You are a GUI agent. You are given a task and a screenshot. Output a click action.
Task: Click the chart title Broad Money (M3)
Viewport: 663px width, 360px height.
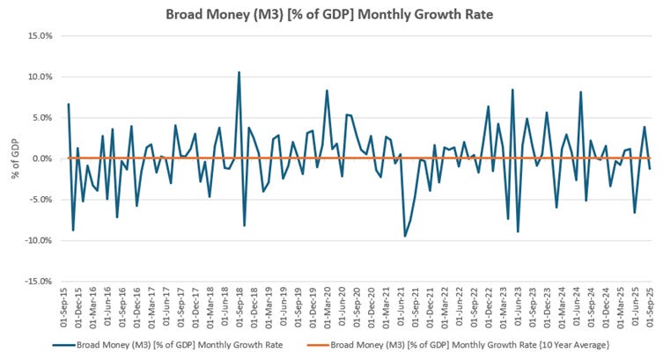pyautogui.click(x=331, y=14)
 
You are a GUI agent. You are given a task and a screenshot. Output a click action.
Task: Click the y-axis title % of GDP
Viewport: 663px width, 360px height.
pyautogui.click(x=16, y=158)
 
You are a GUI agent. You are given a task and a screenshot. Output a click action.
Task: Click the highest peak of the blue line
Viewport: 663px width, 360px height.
pyautogui.click(x=239, y=72)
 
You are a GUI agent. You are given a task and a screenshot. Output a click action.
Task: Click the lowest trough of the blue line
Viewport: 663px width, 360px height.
pyautogui.click(x=405, y=236)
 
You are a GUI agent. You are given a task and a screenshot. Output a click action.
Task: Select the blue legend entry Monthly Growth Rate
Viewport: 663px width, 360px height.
pyautogui.click(x=180, y=344)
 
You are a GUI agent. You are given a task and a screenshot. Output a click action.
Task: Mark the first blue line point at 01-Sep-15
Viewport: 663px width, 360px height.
pyautogui.click(x=69, y=104)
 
